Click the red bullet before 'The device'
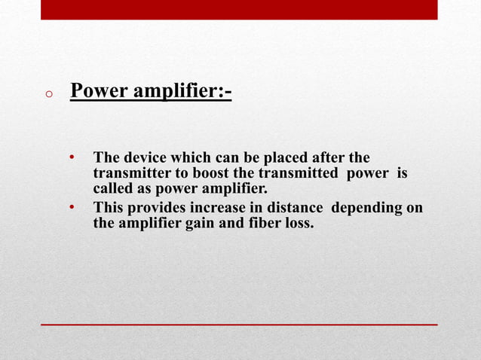[x=72, y=158]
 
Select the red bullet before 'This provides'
[x=72, y=207]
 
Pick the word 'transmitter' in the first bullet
[x=130, y=173]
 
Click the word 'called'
[x=112, y=188]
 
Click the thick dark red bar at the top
[x=238, y=9]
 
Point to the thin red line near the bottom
[x=238, y=324]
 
